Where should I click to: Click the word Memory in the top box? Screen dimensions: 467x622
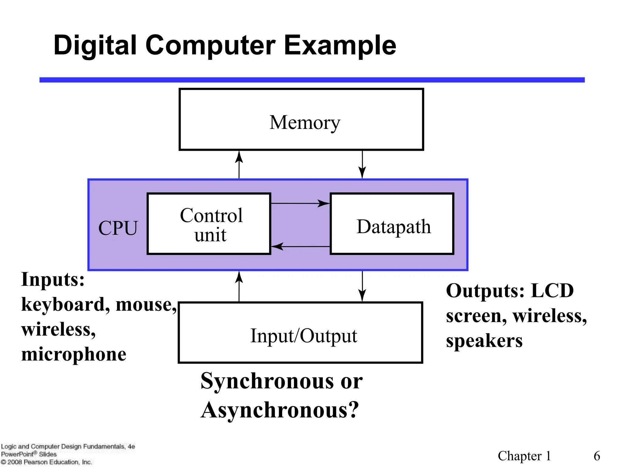[x=305, y=123]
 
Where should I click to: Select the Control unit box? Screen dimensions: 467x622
[x=209, y=224]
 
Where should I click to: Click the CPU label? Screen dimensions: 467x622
[x=118, y=228]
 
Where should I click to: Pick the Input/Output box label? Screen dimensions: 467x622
[x=303, y=336]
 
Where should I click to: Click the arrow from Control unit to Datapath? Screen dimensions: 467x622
[x=300, y=203]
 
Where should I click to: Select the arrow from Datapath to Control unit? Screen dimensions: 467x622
[x=300, y=247]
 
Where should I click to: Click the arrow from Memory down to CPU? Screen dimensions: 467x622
[x=362, y=164]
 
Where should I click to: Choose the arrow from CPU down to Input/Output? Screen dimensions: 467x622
[x=362, y=286]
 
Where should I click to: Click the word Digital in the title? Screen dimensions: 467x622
[x=95, y=46]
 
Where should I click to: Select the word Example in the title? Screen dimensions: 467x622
[x=340, y=46]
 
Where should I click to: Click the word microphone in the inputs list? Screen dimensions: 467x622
[x=74, y=354]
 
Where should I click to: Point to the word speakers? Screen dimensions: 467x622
[x=484, y=341]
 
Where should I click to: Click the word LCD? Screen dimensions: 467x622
[x=552, y=291]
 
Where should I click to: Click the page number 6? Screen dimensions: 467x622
[x=597, y=456]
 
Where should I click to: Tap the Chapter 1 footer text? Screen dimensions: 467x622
[x=524, y=456]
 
